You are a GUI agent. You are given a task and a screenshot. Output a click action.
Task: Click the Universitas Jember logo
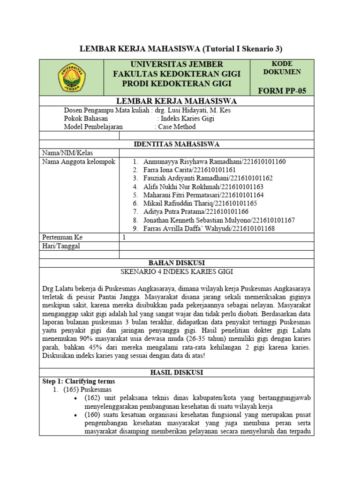click(x=71, y=77)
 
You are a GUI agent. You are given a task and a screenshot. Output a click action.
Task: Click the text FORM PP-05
click(x=282, y=90)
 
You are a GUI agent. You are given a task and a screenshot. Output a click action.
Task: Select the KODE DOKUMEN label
click(x=282, y=68)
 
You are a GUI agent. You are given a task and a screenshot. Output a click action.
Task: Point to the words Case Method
click(x=177, y=127)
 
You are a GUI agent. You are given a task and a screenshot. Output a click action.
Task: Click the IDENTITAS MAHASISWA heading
click(x=177, y=144)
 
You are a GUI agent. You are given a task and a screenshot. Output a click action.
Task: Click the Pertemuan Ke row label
click(x=62, y=237)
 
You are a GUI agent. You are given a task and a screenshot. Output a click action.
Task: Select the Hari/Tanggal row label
click(x=61, y=246)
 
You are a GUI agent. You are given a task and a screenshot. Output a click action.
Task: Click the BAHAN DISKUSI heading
click(x=177, y=263)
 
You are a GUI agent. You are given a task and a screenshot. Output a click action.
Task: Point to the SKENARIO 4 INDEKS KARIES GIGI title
click(x=177, y=271)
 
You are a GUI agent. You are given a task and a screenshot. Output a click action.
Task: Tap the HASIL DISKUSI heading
click(x=177, y=372)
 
